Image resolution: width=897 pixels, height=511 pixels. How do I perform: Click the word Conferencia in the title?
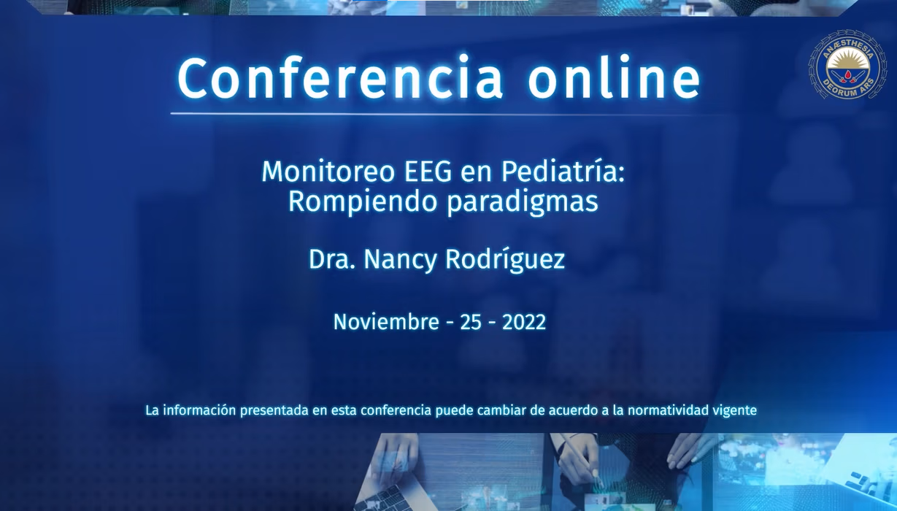[x=340, y=78]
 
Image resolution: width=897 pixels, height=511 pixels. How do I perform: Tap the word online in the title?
[x=615, y=77]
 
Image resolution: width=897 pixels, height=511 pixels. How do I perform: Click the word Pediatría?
[x=563, y=172]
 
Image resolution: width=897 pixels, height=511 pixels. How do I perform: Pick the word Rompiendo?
[x=363, y=201]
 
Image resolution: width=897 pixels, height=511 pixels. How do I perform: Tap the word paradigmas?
[x=523, y=201]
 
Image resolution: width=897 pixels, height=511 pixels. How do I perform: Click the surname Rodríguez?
[x=505, y=260]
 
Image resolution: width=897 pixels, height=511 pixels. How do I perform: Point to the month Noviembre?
[x=386, y=322]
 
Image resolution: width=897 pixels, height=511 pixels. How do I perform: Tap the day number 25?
[x=471, y=323]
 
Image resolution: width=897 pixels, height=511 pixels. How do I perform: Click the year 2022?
[x=524, y=323]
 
